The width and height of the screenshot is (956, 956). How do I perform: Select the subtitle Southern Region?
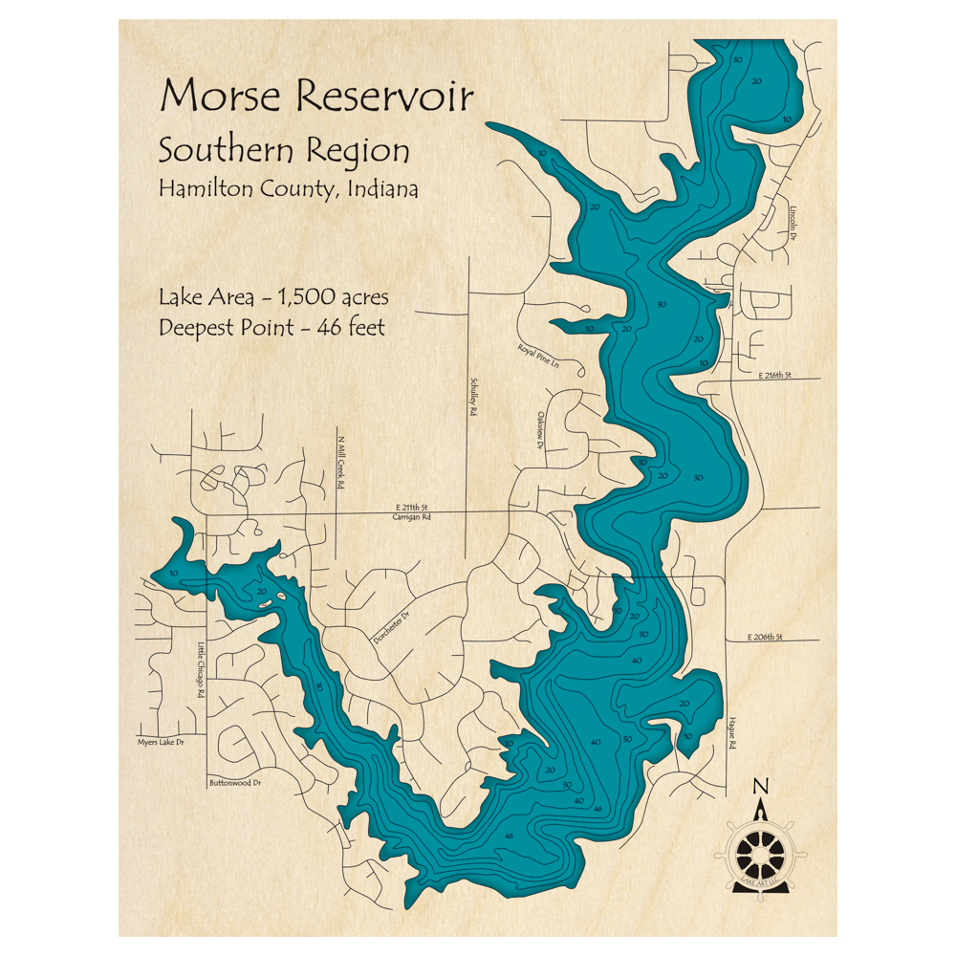coord(285,151)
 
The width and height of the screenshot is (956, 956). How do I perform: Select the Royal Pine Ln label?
coord(536,358)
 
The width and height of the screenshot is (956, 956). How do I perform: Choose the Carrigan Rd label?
coord(413,516)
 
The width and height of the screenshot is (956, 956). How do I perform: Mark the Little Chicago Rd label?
coord(201,668)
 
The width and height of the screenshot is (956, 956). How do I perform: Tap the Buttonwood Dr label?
coord(235,783)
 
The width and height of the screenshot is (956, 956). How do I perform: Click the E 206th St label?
coord(765,636)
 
